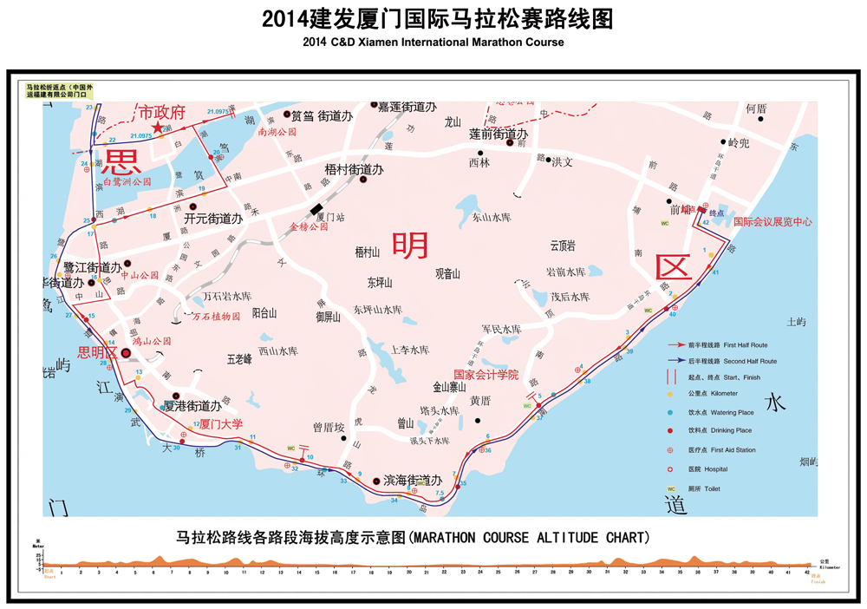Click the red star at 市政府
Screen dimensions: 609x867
tap(158, 128)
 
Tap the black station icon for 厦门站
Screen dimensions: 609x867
tap(314, 208)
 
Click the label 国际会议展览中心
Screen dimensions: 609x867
tap(772, 222)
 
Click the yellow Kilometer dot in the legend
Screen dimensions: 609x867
tap(670, 393)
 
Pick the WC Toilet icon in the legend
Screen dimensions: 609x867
tap(670, 488)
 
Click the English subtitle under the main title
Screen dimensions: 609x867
tap(433, 42)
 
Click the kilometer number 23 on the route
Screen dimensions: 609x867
tap(88, 108)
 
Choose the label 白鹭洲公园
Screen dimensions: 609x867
tap(127, 182)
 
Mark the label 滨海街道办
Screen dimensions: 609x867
tap(413, 480)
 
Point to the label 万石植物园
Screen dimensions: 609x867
tap(216, 317)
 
